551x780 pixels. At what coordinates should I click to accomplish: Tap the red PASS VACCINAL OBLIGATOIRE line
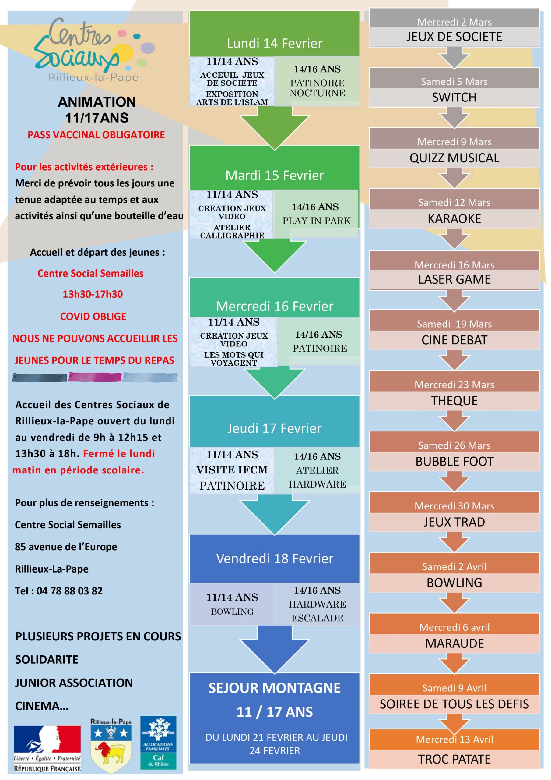pos(96,135)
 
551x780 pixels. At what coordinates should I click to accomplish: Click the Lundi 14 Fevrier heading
pos(274,43)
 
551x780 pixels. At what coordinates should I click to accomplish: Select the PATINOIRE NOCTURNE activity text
pos(317,88)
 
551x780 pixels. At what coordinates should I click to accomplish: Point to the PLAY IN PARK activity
pos(316,221)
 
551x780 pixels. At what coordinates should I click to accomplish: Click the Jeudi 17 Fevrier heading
pos(274,428)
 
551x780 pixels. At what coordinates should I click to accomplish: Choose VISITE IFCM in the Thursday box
pos(232,470)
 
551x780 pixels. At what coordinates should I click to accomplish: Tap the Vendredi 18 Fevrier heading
pos(274,558)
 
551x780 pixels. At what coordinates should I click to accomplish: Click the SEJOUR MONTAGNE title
pos(274,688)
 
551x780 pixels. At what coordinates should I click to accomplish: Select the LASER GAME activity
pos(454,279)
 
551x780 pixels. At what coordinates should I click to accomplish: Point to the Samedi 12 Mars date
pos(454,203)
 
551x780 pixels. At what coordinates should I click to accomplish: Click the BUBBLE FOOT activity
pos(454,461)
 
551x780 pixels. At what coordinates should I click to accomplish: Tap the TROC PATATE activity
pos(454,759)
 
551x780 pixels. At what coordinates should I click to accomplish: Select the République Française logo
pos(47,748)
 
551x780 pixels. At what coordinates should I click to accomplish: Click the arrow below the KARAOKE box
pos(454,239)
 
